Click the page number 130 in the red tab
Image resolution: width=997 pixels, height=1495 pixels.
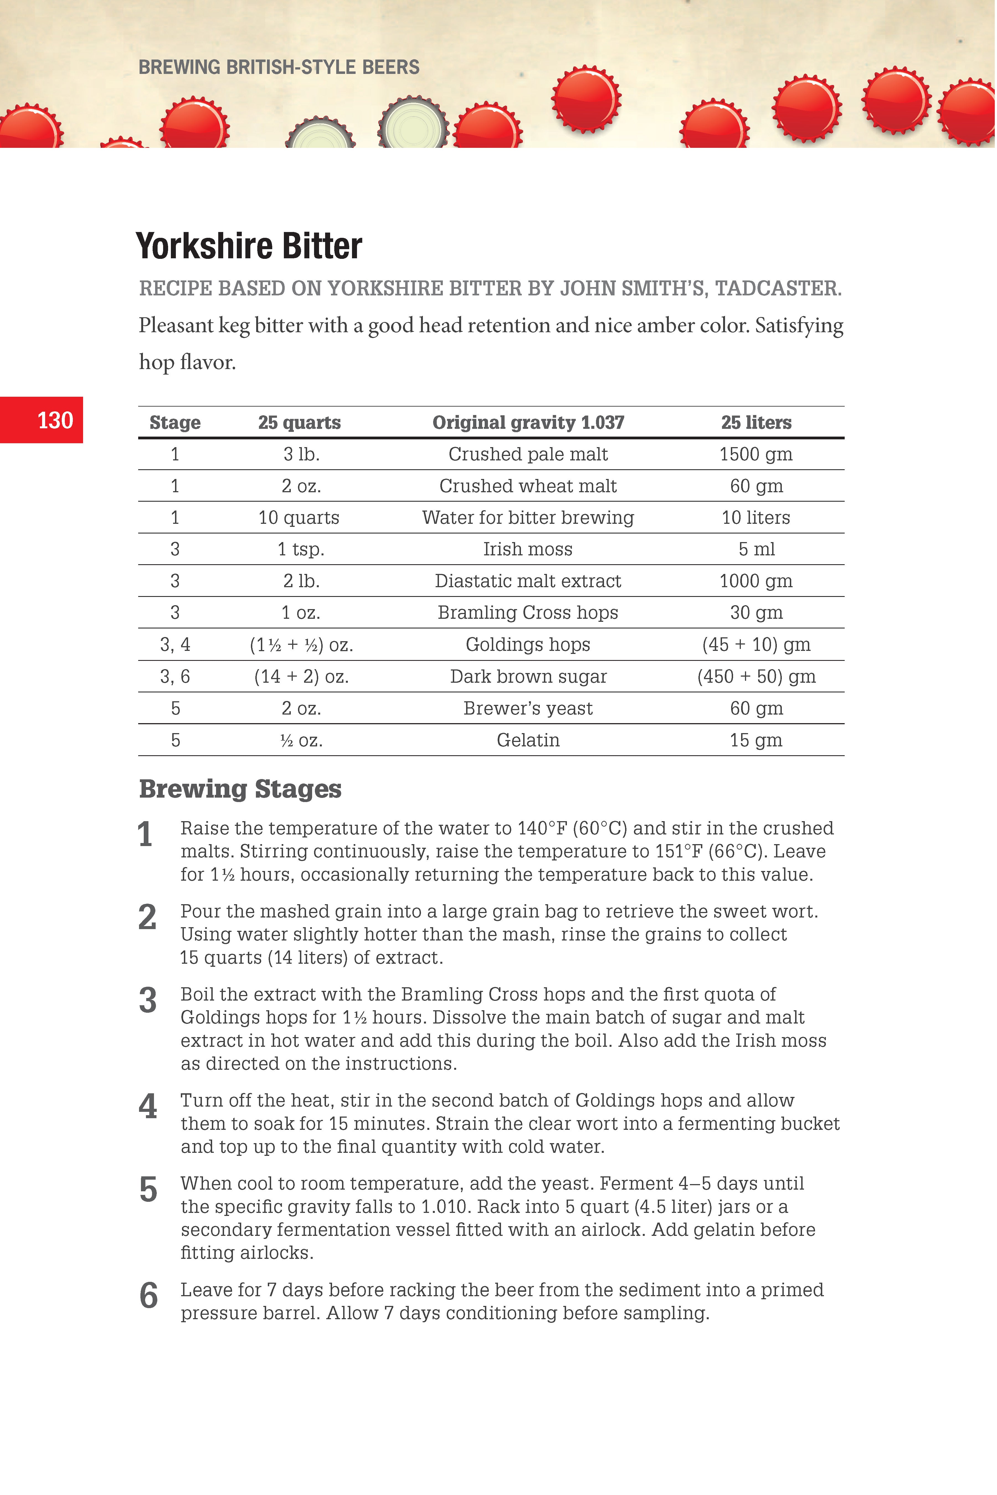coord(55,420)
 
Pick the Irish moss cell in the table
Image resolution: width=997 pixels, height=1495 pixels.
coord(528,549)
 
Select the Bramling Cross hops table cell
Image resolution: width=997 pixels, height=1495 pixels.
coord(528,613)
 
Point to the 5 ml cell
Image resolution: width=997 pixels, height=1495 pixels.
coord(756,549)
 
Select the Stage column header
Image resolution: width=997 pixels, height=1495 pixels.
coord(175,423)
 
